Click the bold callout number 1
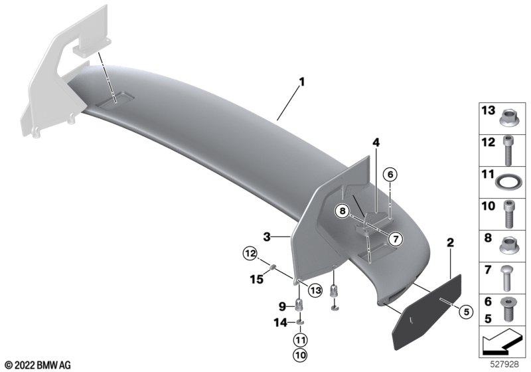tap(302, 82)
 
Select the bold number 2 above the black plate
tap(451, 242)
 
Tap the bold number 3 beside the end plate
tap(267, 237)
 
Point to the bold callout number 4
tap(376, 143)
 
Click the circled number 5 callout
tap(467, 312)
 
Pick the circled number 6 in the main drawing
tap(390, 175)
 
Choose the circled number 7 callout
tap(395, 239)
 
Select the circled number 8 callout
tap(342, 211)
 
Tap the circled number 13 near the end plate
tap(315, 290)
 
